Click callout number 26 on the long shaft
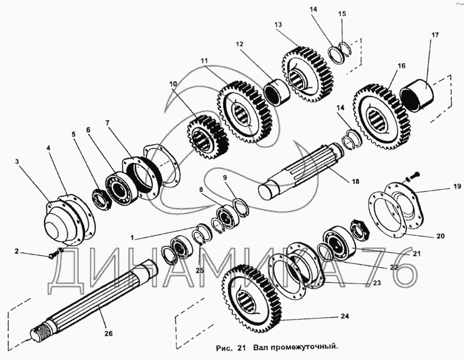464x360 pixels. click(x=108, y=333)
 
